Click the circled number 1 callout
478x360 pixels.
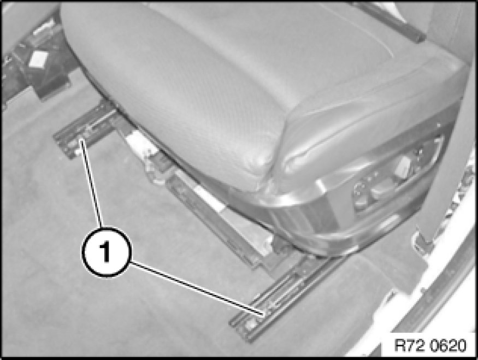pos(106,252)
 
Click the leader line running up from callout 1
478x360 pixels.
pos(91,183)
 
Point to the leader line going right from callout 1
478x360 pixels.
pos(197,288)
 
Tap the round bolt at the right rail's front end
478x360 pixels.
pos(251,324)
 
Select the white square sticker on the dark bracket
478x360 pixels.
pos(39,58)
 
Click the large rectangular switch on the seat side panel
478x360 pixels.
pos(403,166)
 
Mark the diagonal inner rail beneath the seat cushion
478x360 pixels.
pos(214,214)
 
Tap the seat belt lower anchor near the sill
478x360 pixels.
pos(424,241)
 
